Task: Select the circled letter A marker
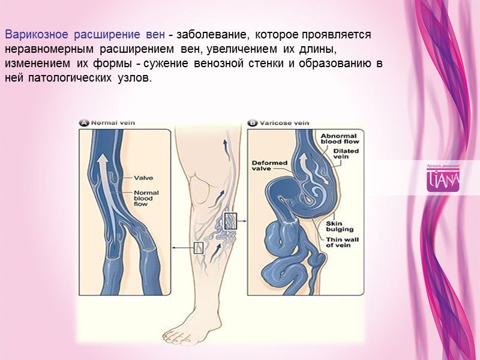coord(85,122)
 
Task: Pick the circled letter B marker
coord(253,122)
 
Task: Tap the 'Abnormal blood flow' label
coord(339,140)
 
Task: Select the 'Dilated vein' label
coord(346,155)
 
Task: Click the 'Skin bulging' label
coord(339,226)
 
